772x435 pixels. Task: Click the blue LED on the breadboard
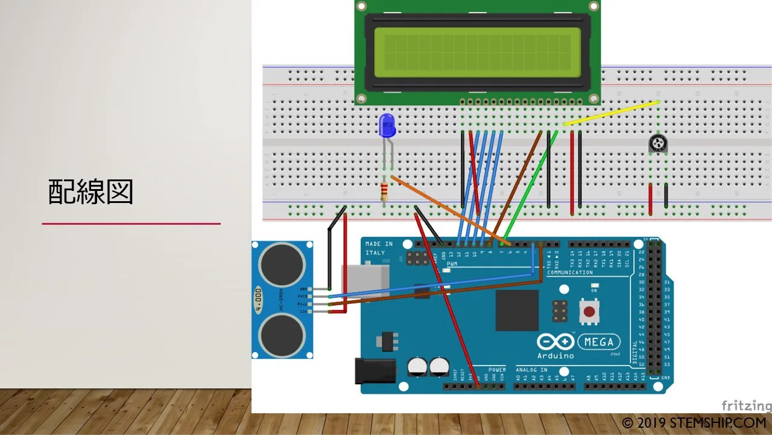(x=387, y=126)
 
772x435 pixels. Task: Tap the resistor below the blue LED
(x=384, y=192)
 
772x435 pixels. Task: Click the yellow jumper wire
(x=610, y=113)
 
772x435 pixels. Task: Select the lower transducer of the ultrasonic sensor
(x=282, y=334)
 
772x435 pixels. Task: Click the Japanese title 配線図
(x=90, y=192)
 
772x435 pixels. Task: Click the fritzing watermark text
(x=746, y=406)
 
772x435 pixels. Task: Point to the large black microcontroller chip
(x=517, y=310)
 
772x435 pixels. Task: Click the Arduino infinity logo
(x=555, y=342)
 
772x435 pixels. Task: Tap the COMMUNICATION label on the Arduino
(x=570, y=272)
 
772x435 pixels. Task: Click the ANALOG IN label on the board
(x=531, y=370)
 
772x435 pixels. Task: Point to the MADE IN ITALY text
(x=379, y=248)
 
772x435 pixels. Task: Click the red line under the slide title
(x=131, y=224)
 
